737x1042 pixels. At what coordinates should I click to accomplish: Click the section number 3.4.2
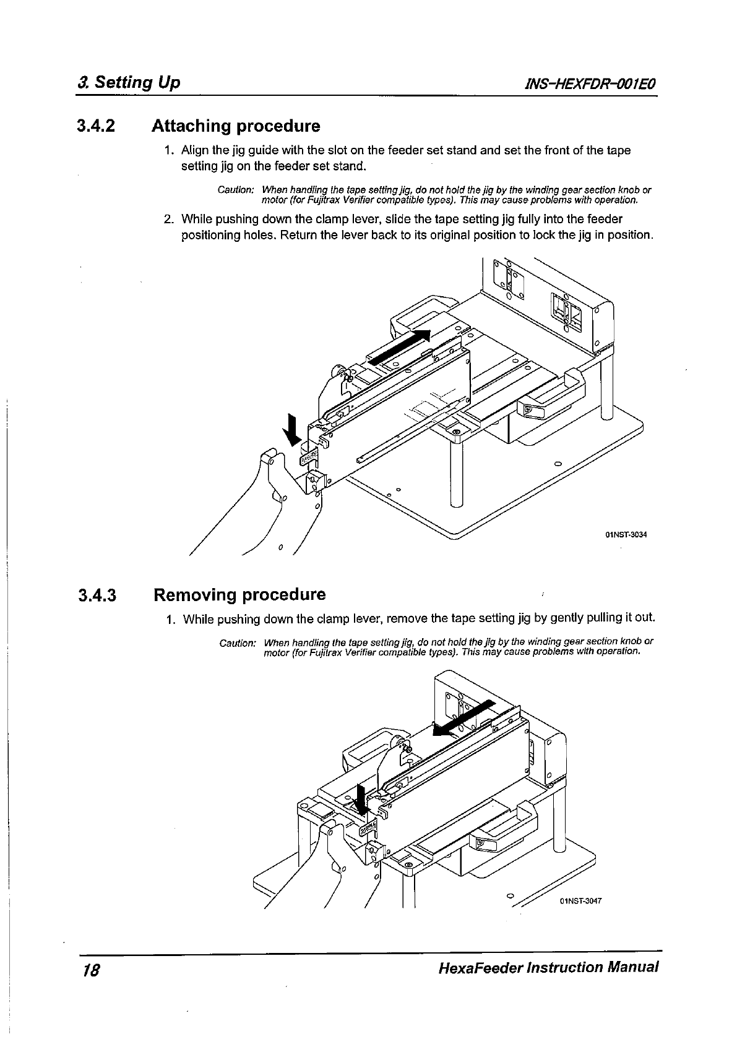[96, 127]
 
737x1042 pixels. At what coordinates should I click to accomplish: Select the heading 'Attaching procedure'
[236, 126]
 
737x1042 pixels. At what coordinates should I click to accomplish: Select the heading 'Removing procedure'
[239, 595]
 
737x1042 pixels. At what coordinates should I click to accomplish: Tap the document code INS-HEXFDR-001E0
[589, 83]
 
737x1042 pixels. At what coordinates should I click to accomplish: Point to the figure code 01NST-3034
[626, 535]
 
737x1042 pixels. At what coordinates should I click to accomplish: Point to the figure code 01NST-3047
[580, 900]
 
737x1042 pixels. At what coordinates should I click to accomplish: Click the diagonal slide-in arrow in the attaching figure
[400, 347]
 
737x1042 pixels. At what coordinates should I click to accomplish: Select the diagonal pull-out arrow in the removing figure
[464, 717]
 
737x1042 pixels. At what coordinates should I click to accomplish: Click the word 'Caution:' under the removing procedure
[238, 643]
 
